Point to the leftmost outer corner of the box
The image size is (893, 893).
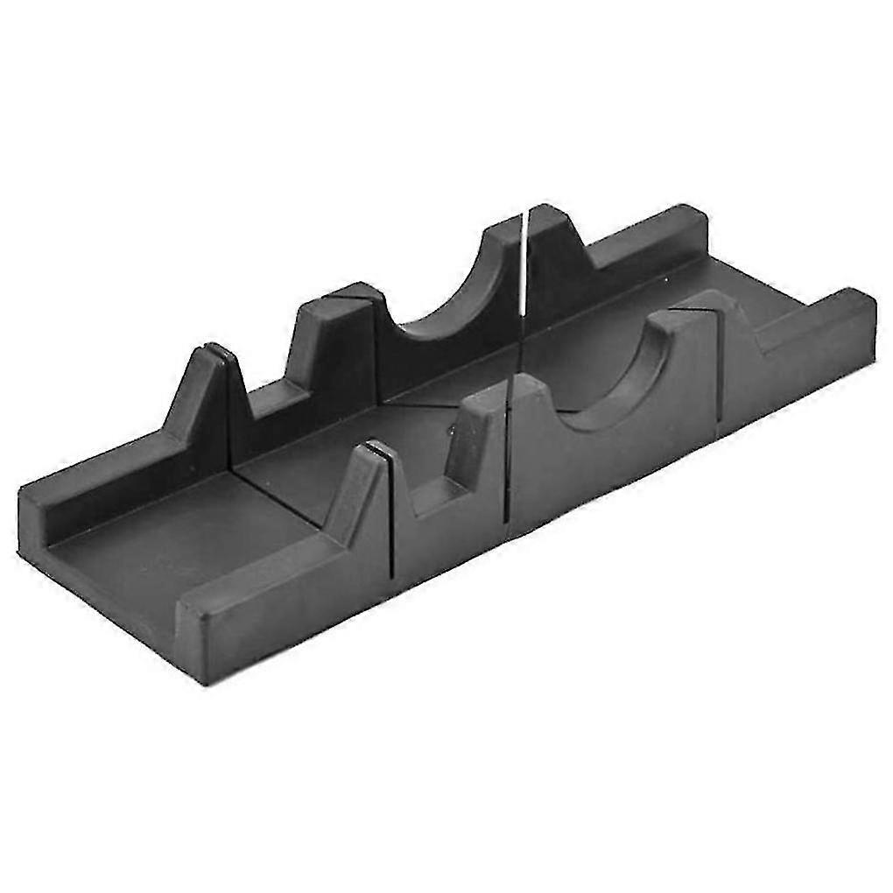click(x=21, y=525)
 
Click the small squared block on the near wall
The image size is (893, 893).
click(x=477, y=438)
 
